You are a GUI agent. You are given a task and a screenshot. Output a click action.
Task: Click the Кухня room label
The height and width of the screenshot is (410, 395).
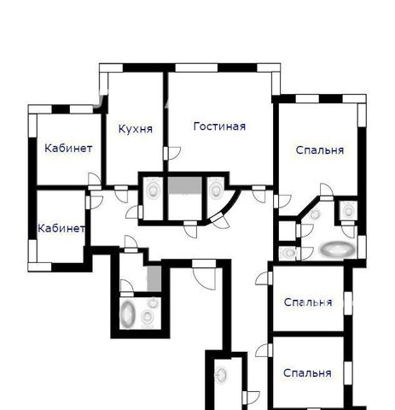pyautogui.click(x=136, y=129)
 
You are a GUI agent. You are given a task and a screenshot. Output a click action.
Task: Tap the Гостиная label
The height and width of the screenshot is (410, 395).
pyautogui.click(x=219, y=126)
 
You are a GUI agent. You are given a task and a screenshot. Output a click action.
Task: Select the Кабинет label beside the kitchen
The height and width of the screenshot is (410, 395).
pyautogui.click(x=68, y=149)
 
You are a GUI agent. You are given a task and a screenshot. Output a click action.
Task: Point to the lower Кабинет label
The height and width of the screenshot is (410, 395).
pyautogui.click(x=61, y=228)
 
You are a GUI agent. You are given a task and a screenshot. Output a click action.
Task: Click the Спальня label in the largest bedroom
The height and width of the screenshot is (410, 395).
pyautogui.click(x=320, y=150)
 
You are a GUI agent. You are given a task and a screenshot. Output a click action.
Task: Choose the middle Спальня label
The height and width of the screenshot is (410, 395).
pyautogui.click(x=308, y=302)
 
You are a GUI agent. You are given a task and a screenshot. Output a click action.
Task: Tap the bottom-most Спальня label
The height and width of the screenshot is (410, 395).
pyautogui.click(x=307, y=373)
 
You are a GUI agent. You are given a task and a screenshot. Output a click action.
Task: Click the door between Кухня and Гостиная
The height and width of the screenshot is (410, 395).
pyautogui.click(x=172, y=154)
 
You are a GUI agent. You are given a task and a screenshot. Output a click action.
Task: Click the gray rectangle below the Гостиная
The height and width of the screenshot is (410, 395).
pyautogui.click(x=185, y=185)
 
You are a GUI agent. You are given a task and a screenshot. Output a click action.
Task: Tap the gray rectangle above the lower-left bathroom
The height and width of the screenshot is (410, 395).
pyautogui.click(x=154, y=278)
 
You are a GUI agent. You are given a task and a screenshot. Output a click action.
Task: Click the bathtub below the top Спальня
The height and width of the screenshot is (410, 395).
pyautogui.click(x=338, y=249)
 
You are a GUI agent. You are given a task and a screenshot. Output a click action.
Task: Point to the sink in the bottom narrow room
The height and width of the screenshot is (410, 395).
pyautogui.click(x=221, y=374)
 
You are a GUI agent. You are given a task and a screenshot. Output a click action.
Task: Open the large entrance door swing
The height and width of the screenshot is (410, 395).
pyautogui.click(x=204, y=275)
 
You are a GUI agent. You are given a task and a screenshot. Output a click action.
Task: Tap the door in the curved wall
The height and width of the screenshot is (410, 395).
pyautogui.click(x=219, y=220)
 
